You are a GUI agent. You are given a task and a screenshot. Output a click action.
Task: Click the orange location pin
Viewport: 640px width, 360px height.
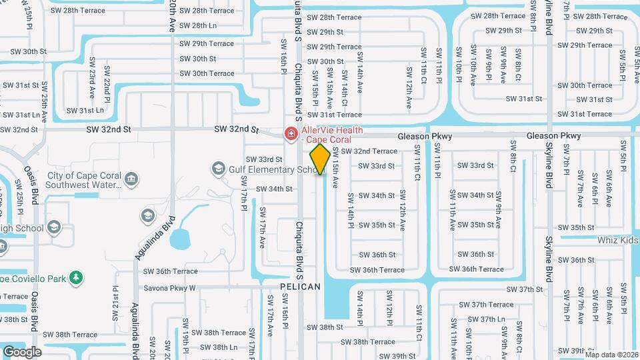pos(321,159)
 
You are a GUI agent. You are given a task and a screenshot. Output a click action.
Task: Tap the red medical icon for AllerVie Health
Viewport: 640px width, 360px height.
pos(291,135)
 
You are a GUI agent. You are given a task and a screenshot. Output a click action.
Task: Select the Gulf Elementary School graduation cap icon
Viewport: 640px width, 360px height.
pos(218,169)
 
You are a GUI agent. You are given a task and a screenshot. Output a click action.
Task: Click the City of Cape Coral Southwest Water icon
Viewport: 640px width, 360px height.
pos(131,179)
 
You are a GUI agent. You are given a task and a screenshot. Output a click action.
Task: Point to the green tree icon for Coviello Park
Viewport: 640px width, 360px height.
pos(77,277)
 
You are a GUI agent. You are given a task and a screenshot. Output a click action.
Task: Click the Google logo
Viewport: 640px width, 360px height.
pos(22,351)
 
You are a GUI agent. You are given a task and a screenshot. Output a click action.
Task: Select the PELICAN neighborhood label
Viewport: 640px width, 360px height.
pos(300,287)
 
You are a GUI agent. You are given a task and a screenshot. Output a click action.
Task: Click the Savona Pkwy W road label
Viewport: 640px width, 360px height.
pos(169,289)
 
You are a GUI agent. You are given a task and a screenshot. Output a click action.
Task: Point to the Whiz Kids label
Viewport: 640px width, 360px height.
pos(618,240)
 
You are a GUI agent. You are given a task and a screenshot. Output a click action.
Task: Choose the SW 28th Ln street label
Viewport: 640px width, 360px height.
pos(199,25)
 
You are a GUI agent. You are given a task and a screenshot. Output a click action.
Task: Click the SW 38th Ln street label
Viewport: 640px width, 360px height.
pos(219,347)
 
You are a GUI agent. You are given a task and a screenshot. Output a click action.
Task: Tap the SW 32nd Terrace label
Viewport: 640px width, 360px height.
pos(369,151)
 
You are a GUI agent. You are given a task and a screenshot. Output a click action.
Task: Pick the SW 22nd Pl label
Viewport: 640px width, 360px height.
pos(107,86)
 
